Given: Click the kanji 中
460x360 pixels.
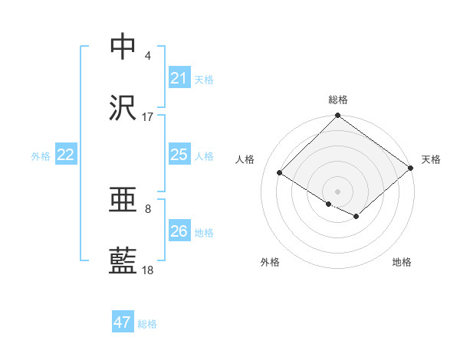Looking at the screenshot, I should pyautogui.click(x=123, y=46).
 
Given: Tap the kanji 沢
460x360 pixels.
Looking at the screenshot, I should pyautogui.click(x=123, y=108).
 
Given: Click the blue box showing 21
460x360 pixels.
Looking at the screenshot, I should pyautogui.click(x=179, y=78).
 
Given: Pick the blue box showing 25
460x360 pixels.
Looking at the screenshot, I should pyautogui.click(x=179, y=155).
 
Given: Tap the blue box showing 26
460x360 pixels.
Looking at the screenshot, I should pyautogui.click(x=179, y=231).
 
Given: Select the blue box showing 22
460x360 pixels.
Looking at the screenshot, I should pyautogui.click(x=66, y=155).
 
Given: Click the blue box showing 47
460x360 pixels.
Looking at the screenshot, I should pyautogui.click(x=123, y=322).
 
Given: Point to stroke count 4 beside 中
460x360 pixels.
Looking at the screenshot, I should pyautogui.click(x=148, y=56).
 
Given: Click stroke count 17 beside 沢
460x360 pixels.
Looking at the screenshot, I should pyautogui.click(x=148, y=117).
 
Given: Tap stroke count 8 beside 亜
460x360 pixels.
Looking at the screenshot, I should pyautogui.click(x=148, y=208).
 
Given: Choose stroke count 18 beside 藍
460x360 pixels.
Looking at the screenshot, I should pyautogui.click(x=148, y=270).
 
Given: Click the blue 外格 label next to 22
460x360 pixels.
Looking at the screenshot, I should pyautogui.click(x=41, y=155).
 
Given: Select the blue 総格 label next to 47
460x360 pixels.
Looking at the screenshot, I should pyautogui.click(x=147, y=323).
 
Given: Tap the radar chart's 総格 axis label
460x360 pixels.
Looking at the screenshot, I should pyautogui.click(x=338, y=100).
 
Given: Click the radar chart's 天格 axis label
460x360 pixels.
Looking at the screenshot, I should pyautogui.click(x=432, y=159).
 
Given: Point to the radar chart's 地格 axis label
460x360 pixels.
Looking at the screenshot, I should pyautogui.click(x=402, y=262).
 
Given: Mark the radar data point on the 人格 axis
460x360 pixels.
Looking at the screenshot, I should pyautogui.click(x=280, y=172).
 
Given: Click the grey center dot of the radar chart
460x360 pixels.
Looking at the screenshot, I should pyautogui.click(x=338, y=191).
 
